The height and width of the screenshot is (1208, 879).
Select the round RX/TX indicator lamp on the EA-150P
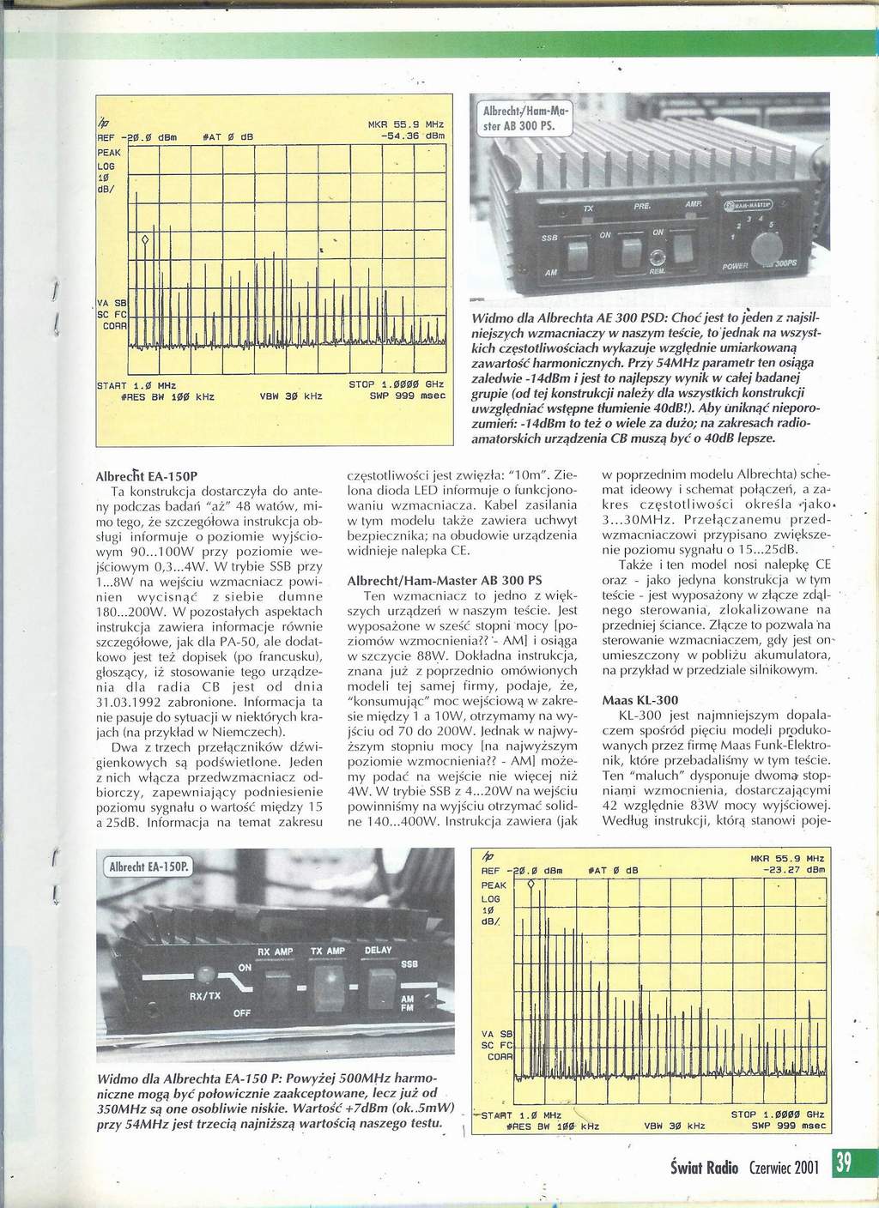[205, 975]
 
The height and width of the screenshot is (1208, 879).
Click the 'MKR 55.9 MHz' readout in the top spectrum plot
[409, 124]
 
